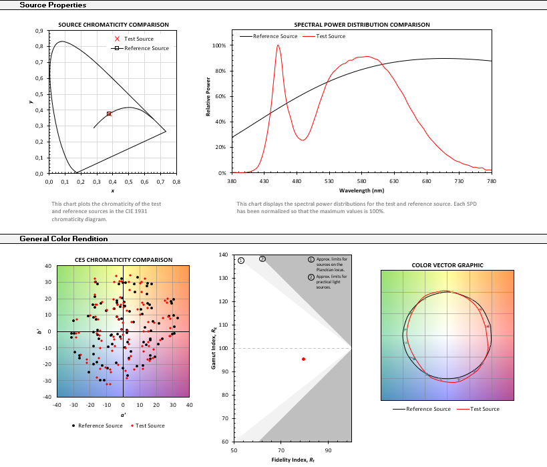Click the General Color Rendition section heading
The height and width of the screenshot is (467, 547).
[x=63, y=239]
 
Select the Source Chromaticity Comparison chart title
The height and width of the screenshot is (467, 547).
[x=113, y=25]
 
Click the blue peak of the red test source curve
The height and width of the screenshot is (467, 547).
[x=278, y=46]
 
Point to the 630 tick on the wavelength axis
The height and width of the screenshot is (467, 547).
[x=394, y=180]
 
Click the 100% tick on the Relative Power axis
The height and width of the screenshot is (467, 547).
[x=218, y=45]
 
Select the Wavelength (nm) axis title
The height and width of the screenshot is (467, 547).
[x=361, y=190]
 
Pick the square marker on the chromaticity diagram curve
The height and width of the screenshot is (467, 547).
[x=109, y=114]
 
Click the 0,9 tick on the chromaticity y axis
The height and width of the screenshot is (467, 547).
[x=39, y=31]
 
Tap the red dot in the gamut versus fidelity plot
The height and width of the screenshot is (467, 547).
[x=303, y=359]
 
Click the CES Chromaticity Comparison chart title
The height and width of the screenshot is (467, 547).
[x=123, y=260]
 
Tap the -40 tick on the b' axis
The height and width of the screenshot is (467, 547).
[x=47, y=397]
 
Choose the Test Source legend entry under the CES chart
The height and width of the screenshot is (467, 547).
[x=150, y=426]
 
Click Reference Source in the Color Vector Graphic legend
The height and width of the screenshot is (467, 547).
[x=427, y=409]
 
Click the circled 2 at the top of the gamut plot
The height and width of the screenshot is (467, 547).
[x=262, y=259]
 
